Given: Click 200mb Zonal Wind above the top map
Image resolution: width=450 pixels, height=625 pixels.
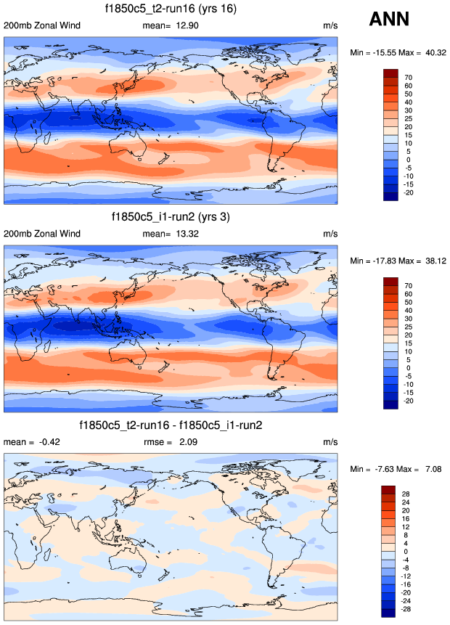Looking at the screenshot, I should click(42, 25).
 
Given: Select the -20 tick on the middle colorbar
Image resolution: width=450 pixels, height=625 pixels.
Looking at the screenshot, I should click(410, 401).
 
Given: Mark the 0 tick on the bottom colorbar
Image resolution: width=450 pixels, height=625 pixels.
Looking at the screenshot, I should click(404, 552).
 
